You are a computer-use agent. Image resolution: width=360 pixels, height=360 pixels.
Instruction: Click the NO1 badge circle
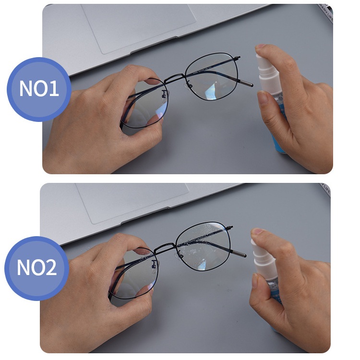click(39, 89)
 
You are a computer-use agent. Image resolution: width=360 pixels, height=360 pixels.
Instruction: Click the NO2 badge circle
click(37, 268)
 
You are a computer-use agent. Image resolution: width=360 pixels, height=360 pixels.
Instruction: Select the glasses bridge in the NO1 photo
click(176, 78)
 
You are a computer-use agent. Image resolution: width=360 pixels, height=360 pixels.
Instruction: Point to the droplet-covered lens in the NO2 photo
click(204, 246)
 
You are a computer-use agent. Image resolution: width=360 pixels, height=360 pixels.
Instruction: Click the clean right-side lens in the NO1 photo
click(211, 76)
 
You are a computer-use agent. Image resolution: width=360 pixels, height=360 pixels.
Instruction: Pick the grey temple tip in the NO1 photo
click(246, 84)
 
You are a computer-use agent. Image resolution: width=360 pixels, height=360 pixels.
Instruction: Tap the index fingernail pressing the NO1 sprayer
click(261, 47)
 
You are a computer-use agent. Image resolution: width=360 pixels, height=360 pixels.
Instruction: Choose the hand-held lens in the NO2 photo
click(133, 274)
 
